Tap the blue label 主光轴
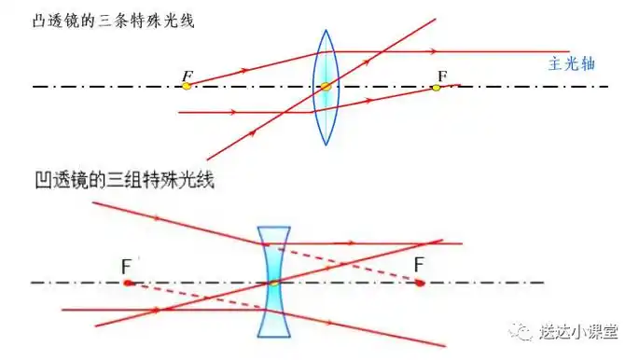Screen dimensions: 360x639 569,65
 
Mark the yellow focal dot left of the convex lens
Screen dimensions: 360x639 187,86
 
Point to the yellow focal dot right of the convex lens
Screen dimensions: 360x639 436,87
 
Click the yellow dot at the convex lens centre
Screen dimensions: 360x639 325,87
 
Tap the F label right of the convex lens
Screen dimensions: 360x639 442,73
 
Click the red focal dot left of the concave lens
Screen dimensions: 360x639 128,282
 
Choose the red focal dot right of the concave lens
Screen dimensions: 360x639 421,282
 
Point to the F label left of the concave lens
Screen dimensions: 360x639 126,267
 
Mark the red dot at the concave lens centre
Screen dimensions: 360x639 273,282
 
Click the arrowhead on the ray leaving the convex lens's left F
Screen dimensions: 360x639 244,70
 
